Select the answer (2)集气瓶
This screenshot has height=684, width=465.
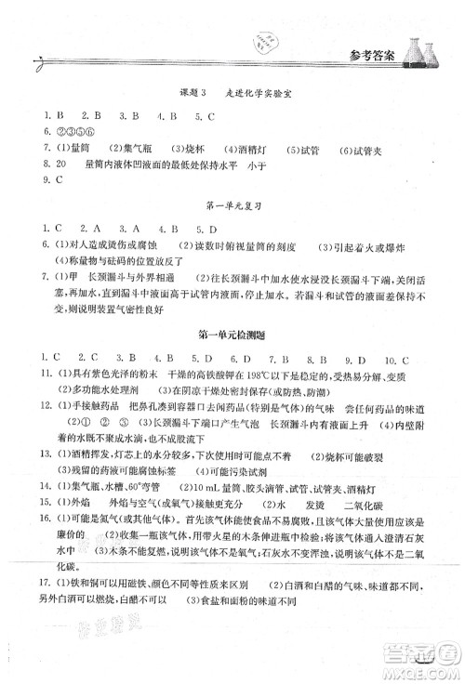115,149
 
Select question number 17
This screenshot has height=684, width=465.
34,583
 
